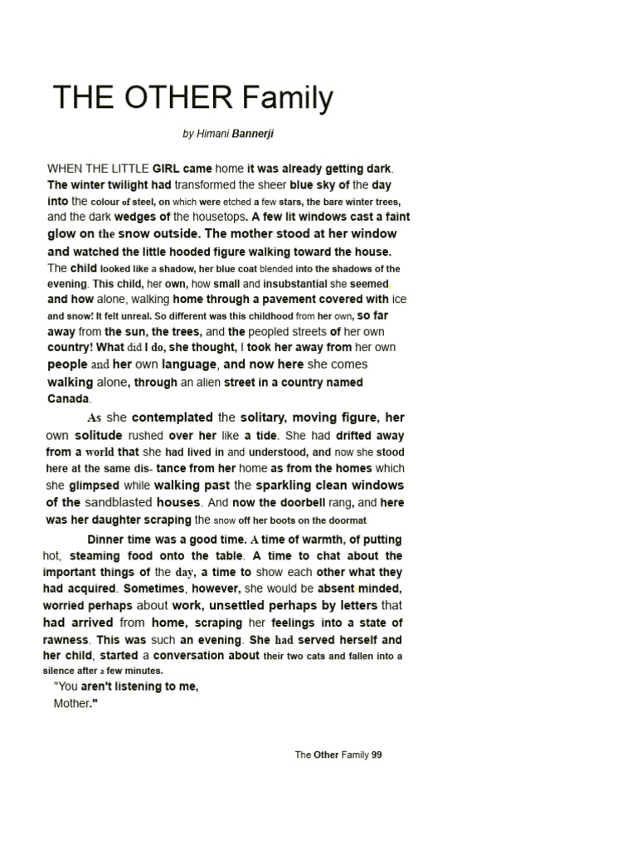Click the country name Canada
[x=67, y=398]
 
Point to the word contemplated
[x=173, y=418]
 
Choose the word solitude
[x=99, y=435]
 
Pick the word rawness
[x=66, y=640]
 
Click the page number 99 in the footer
[x=377, y=755]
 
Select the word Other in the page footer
[x=326, y=755]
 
